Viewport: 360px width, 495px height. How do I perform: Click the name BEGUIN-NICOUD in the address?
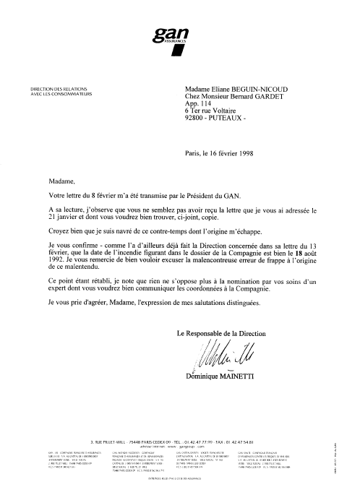point(259,88)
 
